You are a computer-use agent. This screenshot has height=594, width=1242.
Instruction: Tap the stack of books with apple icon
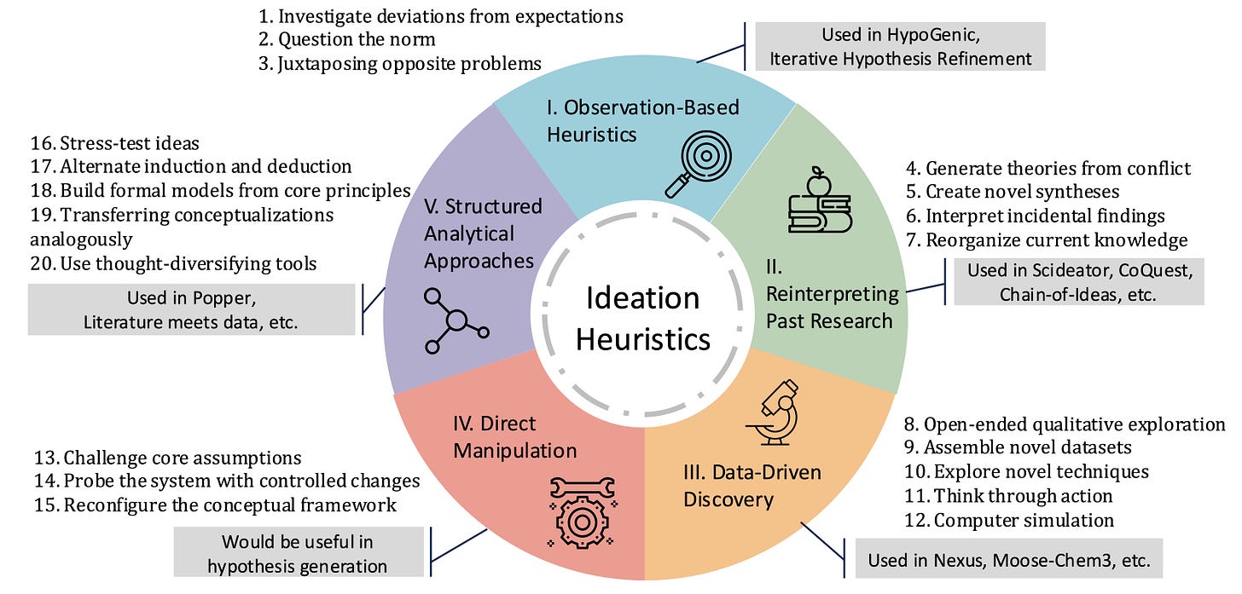[x=820, y=199]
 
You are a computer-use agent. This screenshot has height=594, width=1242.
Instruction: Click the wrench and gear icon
[x=582, y=512]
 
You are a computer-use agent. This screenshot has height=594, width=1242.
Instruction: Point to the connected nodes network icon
[x=456, y=320]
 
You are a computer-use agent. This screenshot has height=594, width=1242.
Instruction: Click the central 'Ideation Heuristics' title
[x=643, y=319]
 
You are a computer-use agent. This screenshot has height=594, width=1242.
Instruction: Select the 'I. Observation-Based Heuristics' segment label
[x=642, y=121]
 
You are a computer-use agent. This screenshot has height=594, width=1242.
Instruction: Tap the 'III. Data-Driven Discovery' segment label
[x=752, y=486]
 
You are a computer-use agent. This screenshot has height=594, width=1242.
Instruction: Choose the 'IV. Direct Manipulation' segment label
[x=515, y=437]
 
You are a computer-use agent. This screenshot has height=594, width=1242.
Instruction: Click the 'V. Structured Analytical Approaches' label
[x=483, y=234]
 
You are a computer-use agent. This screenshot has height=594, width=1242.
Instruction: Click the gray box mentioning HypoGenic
[x=901, y=47]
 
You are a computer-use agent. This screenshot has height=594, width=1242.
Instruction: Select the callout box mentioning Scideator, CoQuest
[x=1079, y=281]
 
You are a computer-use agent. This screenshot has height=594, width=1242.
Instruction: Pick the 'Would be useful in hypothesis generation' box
[x=299, y=552]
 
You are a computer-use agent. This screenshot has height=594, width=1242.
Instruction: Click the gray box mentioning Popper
[x=191, y=309]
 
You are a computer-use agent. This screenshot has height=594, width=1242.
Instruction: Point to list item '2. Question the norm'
[x=346, y=39]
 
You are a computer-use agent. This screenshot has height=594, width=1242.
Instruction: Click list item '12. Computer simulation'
[x=1009, y=521]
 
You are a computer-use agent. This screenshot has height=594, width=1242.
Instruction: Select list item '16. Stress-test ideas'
[x=115, y=143]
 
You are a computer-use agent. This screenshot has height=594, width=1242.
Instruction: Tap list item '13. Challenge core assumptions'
[x=167, y=458]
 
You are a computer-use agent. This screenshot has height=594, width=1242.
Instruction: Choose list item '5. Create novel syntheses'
[x=1013, y=192]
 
